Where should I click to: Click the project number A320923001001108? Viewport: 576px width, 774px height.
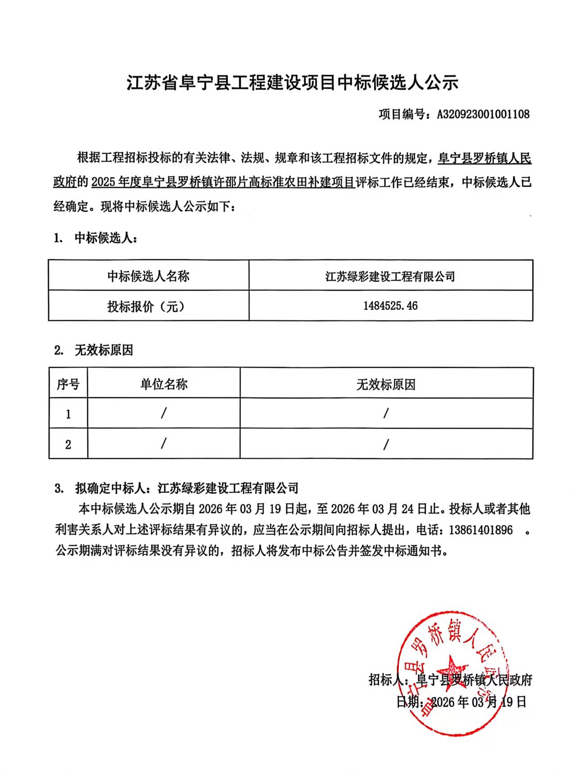(483, 114)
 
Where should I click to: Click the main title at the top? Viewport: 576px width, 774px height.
(292, 83)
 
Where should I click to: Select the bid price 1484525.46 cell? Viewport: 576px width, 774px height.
(390, 306)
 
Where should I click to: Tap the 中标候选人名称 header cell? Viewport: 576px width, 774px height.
(148, 276)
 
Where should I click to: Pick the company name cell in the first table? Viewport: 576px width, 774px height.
(390, 276)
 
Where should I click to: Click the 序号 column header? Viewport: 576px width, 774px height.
(68, 384)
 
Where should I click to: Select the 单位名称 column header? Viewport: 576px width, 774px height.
(163, 384)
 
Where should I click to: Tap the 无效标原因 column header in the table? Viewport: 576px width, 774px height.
(386, 384)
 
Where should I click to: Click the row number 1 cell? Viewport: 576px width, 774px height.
(68, 414)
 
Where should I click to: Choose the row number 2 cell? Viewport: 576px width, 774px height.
(68, 444)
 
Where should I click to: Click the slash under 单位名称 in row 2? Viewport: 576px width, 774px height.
(163, 444)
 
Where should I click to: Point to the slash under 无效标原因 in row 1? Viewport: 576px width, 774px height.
(386, 413)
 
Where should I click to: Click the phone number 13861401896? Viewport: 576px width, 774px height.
(481, 530)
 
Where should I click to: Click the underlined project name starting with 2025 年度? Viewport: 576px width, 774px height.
(222, 183)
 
